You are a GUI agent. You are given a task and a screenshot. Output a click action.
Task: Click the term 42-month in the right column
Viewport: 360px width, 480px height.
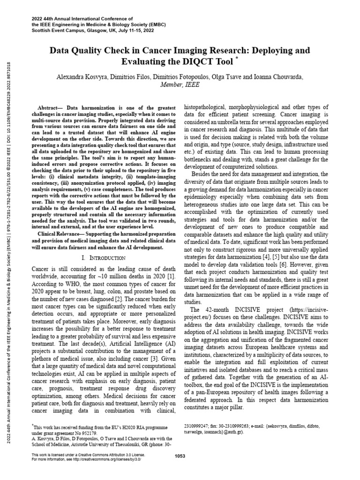[211, 310]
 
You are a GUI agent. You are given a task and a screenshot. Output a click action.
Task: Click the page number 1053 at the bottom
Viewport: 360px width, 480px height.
[180, 456]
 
